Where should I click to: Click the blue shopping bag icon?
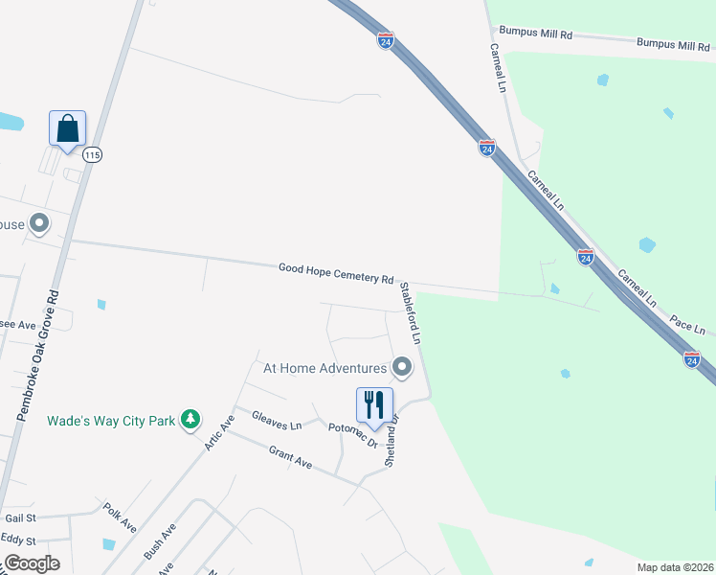click(67, 128)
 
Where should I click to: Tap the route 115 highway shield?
click(92, 154)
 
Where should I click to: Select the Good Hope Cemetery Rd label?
click(336, 273)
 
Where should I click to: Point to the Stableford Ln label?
click(411, 312)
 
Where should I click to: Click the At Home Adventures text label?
click(324, 367)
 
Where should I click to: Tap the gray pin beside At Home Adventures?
click(402, 367)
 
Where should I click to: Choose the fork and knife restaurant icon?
click(374, 403)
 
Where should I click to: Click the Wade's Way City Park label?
click(111, 420)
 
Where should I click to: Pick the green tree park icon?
click(191, 419)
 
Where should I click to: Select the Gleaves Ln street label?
click(276, 419)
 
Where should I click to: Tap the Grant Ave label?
click(290, 457)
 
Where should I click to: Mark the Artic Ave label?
click(219, 434)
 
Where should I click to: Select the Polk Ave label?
click(121, 518)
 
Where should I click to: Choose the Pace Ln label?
click(687, 324)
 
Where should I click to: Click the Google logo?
click(31, 563)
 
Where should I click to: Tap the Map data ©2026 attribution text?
click(675, 567)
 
